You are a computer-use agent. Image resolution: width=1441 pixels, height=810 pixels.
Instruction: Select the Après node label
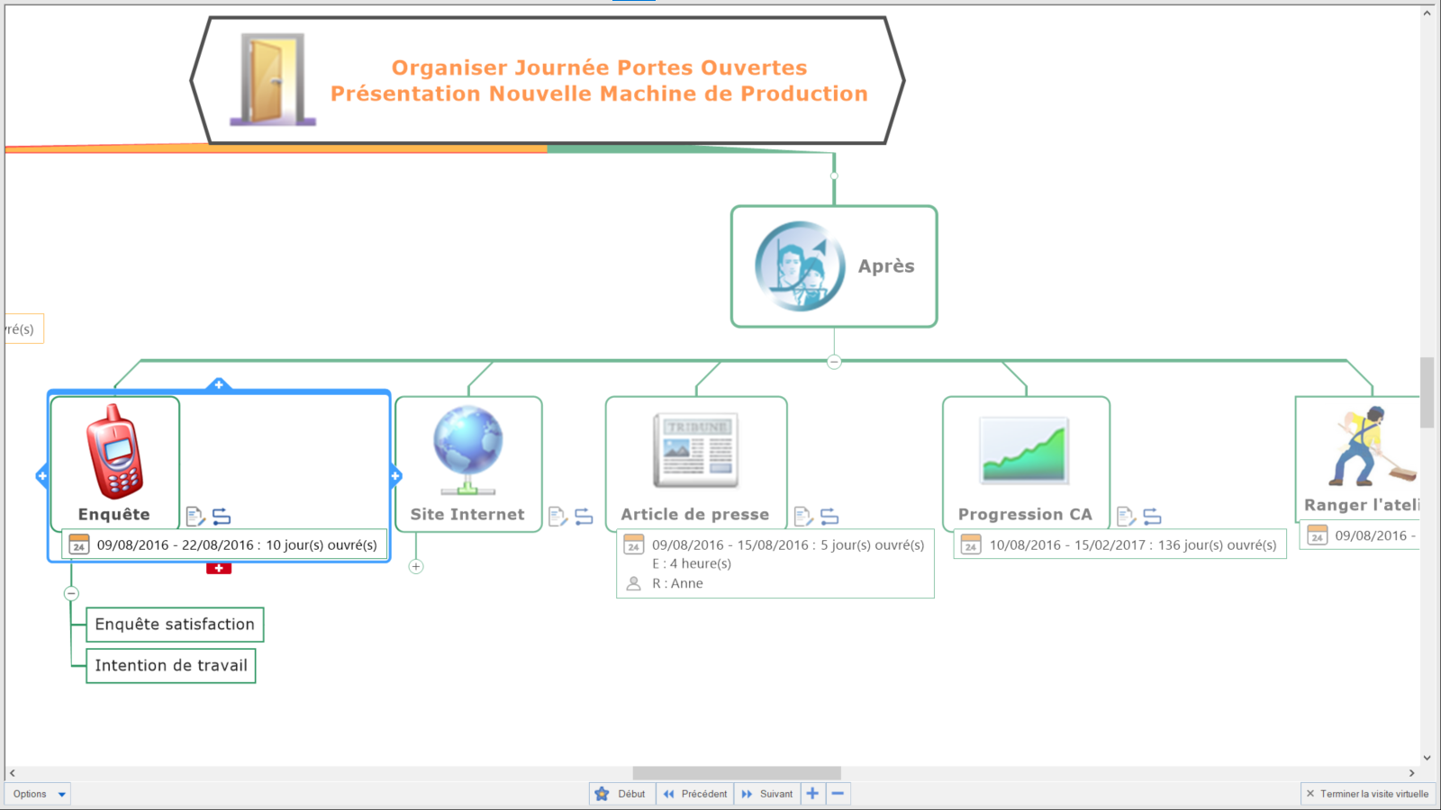pyautogui.click(x=885, y=266)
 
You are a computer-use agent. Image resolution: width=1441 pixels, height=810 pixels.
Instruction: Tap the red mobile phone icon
pyautogui.click(x=114, y=452)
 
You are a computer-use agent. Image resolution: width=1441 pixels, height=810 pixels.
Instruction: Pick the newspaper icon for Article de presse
pyautogui.click(x=695, y=450)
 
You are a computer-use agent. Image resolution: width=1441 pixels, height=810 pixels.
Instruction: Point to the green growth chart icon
pyautogui.click(x=1024, y=450)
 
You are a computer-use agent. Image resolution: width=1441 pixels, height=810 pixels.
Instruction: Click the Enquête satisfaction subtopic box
pyautogui.click(x=175, y=625)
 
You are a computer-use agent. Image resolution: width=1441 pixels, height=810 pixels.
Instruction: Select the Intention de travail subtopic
pyautogui.click(x=171, y=666)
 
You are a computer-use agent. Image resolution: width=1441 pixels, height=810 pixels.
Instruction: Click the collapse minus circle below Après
pyautogui.click(x=834, y=362)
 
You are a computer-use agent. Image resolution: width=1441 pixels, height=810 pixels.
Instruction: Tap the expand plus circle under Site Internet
pyautogui.click(x=416, y=567)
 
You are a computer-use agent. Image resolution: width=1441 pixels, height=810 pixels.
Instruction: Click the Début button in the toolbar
pyautogui.click(x=621, y=794)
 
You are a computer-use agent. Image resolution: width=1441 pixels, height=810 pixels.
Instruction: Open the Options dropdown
pyautogui.click(x=39, y=794)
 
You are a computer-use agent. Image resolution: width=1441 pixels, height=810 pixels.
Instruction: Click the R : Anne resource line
pyautogui.click(x=677, y=583)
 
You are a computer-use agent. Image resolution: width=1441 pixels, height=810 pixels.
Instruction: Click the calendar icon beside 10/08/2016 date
pyautogui.click(x=970, y=544)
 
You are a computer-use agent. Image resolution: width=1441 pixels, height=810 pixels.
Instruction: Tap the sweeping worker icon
pyautogui.click(x=1369, y=446)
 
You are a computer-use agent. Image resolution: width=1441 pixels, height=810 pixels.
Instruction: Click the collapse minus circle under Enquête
pyautogui.click(x=71, y=594)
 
